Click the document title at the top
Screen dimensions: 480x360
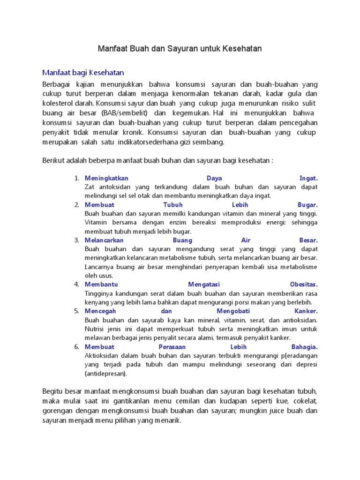point(180,48)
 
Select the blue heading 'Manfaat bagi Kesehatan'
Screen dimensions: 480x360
point(83,73)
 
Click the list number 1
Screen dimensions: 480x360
point(76,179)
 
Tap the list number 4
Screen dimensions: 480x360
point(76,285)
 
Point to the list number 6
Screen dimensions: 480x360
point(76,347)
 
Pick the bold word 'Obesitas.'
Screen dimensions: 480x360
point(304,285)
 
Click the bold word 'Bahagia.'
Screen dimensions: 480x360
point(304,347)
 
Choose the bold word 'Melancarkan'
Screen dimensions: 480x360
point(104,240)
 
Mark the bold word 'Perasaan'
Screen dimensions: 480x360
point(172,347)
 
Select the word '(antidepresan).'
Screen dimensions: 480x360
point(105,374)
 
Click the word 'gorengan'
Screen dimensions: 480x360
point(59,411)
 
